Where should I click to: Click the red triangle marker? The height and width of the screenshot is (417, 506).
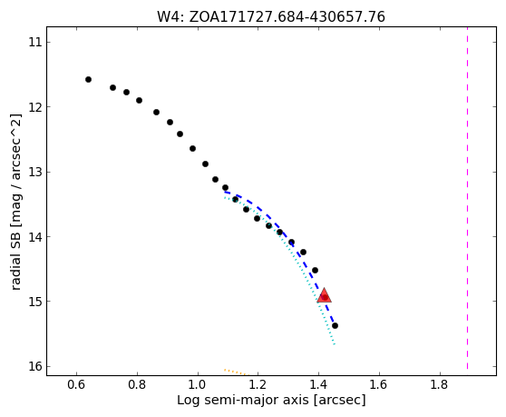click(324, 296)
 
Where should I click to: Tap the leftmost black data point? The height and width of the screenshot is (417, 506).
click(89, 80)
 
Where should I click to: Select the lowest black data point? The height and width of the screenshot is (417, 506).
click(335, 325)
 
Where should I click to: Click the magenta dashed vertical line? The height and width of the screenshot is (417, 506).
click(467, 201)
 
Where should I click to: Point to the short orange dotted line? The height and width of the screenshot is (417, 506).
click(237, 372)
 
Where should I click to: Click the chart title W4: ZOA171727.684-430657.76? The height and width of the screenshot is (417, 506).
click(271, 17)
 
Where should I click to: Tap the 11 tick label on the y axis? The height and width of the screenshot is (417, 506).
click(35, 42)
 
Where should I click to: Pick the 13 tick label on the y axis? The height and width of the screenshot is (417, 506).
click(35, 172)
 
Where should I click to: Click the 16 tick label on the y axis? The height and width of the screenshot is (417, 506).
click(35, 366)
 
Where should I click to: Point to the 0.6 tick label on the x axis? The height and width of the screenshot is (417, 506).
click(77, 384)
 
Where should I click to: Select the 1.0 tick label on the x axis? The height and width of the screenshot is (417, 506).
click(198, 384)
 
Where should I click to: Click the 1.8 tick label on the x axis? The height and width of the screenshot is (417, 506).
click(440, 384)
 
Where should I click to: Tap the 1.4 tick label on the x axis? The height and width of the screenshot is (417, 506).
click(318, 384)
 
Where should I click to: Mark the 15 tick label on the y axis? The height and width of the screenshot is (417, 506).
click(35, 302)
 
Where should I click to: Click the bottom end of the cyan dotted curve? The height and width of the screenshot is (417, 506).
click(335, 344)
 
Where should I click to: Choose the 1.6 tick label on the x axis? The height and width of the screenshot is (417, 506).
click(379, 384)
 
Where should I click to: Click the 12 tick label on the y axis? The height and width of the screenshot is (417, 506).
click(35, 106)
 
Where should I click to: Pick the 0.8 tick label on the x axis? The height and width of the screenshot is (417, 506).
click(137, 384)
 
